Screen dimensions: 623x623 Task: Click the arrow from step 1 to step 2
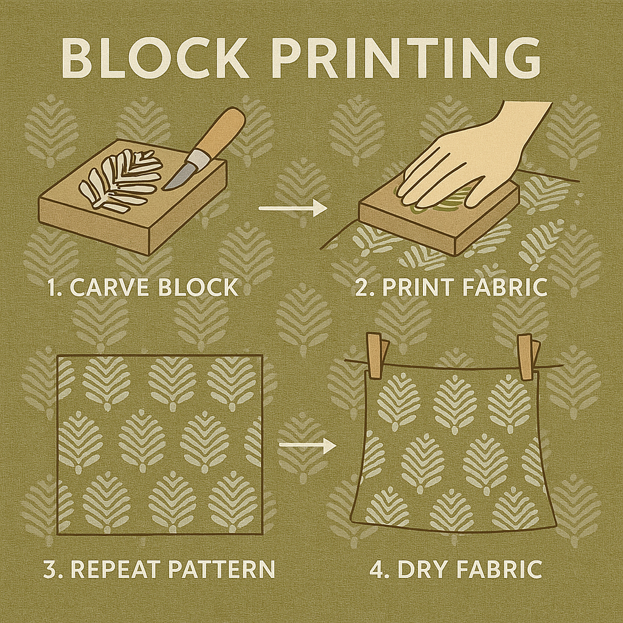click(x=293, y=208)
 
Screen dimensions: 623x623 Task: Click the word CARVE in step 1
click(x=110, y=287)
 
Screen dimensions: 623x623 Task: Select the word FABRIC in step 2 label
click(x=504, y=287)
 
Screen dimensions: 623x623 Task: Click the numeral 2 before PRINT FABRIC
click(x=361, y=287)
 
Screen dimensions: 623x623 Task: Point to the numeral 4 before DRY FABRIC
click(x=376, y=569)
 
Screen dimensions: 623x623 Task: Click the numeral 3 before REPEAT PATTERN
click(x=50, y=569)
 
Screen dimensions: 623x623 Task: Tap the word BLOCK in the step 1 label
click(x=198, y=287)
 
